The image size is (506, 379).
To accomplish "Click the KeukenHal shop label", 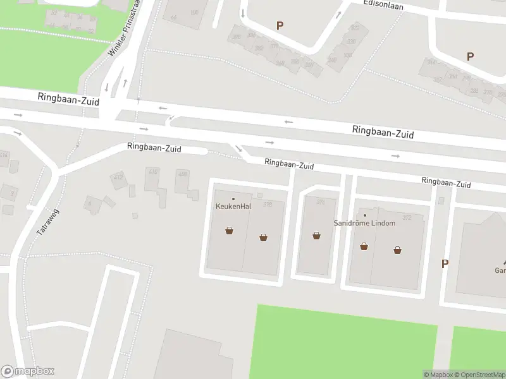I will tap(233, 206).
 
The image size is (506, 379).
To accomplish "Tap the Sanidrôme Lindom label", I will tap(365, 223).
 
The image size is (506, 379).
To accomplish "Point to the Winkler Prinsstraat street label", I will tap(124, 28).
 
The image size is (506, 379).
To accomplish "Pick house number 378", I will tap(268, 204).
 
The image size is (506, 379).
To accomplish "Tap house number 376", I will tap(320, 202).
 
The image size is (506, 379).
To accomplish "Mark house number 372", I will tap(407, 218).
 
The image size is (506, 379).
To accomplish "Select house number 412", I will tap(118, 177).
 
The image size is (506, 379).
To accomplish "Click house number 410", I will tap(152, 172).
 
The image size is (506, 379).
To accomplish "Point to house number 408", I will tap(183, 174).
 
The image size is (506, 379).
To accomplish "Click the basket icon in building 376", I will tap(316, 236).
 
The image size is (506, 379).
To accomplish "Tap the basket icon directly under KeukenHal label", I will tap(229, 231).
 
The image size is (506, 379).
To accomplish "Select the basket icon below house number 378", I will tap(263, 238).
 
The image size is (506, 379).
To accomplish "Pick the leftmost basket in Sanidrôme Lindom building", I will tap(364, 246).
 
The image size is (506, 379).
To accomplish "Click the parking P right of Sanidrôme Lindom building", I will tap(445, 263).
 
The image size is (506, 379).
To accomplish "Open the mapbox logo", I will tap(28, 371).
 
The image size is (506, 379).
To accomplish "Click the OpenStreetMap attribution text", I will tap(478, 375).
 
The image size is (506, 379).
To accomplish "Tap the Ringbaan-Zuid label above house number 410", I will tap(154, 148).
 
